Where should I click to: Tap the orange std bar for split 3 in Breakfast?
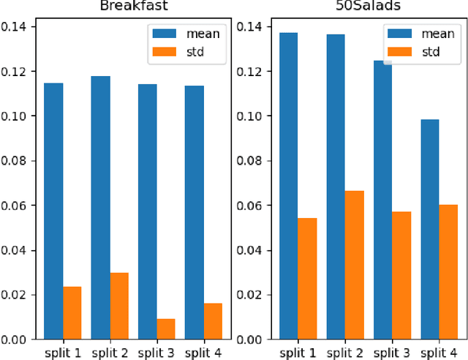166,329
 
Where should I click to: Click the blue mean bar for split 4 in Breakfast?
195,212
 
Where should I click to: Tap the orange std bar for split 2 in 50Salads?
355,265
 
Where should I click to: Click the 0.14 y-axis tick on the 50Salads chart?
251,27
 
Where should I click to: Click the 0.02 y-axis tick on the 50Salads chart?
251,295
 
